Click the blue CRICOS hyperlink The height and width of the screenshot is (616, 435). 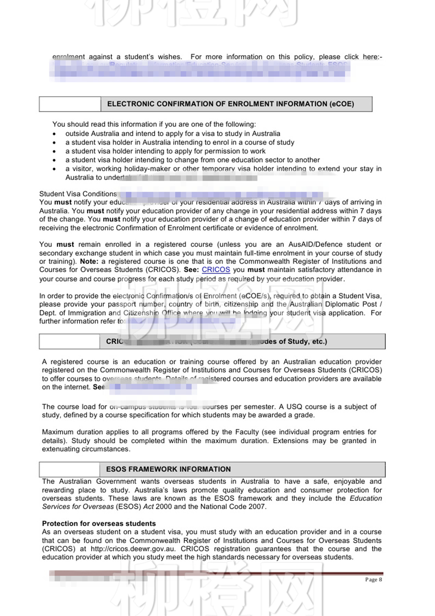216,270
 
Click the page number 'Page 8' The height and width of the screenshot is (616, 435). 373,579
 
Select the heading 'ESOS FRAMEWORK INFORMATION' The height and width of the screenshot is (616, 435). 168,469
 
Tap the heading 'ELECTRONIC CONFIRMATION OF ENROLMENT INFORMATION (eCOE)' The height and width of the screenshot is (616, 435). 230,104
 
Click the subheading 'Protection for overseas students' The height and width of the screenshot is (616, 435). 99,523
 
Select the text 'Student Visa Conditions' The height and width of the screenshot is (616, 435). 78,194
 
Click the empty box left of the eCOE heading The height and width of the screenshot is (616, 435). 70,104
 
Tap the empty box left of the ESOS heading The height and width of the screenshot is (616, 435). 69,469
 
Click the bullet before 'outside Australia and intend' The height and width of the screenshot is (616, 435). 54,134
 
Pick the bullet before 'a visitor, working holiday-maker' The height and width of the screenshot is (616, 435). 54,169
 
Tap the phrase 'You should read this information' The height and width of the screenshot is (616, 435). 104,124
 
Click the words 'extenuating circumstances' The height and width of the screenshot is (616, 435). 86,449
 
